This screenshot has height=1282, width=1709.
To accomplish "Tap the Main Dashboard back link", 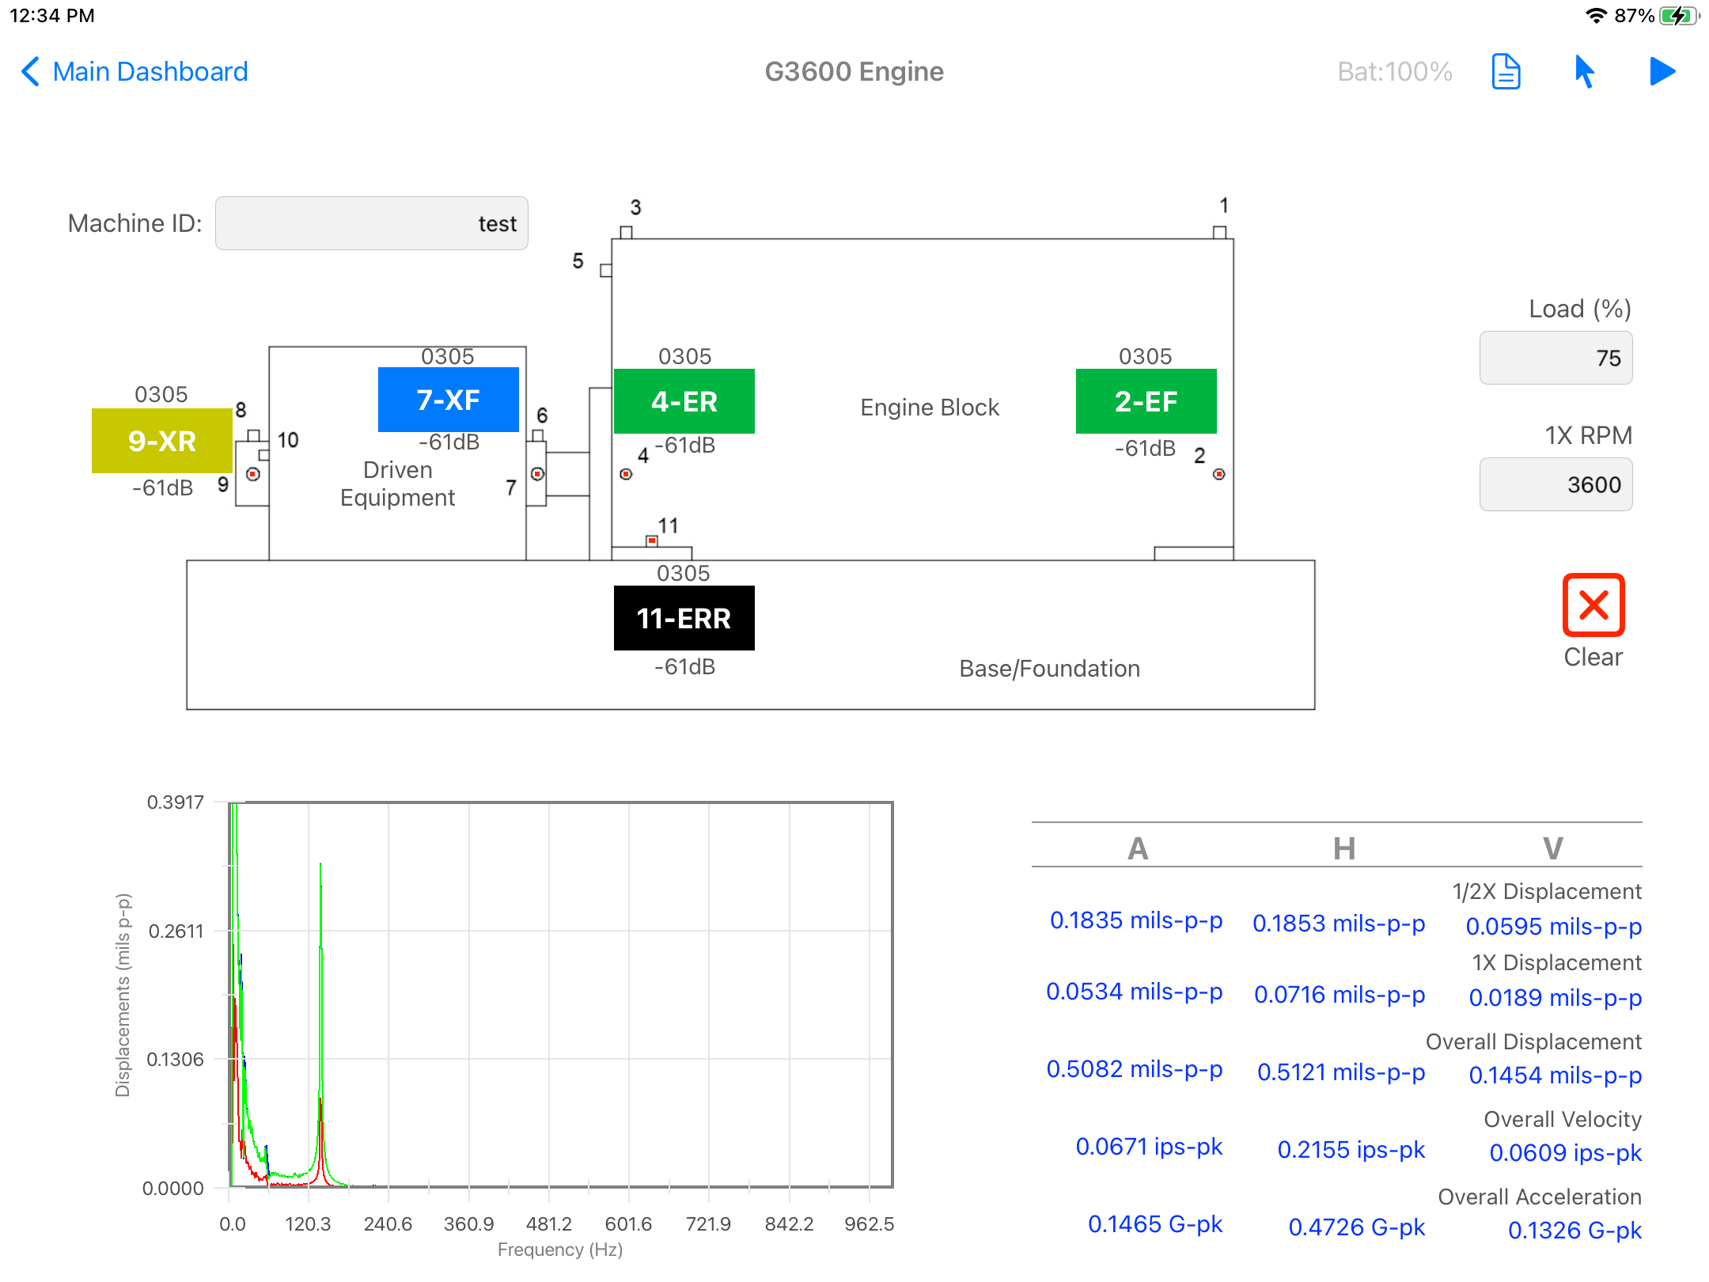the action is point(135,71).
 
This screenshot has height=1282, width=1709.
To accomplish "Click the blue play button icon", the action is point(1662,71).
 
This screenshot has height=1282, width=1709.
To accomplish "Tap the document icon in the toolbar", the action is point(1506,72).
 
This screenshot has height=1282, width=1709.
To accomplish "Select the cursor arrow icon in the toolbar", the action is point(1584,71).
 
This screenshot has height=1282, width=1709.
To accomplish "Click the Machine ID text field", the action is point(371,223).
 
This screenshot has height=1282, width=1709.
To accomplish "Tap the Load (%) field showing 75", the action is point(1556,358).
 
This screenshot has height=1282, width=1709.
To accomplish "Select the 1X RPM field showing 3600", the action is point(1556,484).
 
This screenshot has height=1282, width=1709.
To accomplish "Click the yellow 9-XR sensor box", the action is point(162,441).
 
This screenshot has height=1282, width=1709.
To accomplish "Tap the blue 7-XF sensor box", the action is point(449,400).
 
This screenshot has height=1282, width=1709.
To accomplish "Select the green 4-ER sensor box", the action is point(684,401).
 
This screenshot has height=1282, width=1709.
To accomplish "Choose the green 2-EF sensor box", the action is point(1146,401).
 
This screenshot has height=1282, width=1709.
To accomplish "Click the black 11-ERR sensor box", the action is point(684,618).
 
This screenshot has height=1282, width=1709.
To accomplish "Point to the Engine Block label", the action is point(930,408).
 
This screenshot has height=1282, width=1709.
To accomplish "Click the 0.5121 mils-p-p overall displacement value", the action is point(1341,1072).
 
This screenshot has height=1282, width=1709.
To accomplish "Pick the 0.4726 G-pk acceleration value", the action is point(1356,1227).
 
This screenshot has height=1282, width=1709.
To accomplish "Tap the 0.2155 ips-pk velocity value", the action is point(1351,1150).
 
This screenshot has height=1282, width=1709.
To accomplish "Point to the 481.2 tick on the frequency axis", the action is point(549,1224).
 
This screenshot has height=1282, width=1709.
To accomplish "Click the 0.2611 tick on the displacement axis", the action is point(176,931).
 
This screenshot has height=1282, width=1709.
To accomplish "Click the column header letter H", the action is point(1344,848).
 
